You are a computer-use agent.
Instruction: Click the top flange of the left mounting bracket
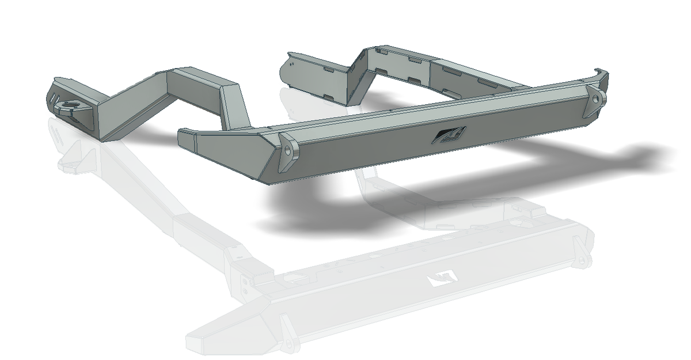[x=63, y=82]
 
